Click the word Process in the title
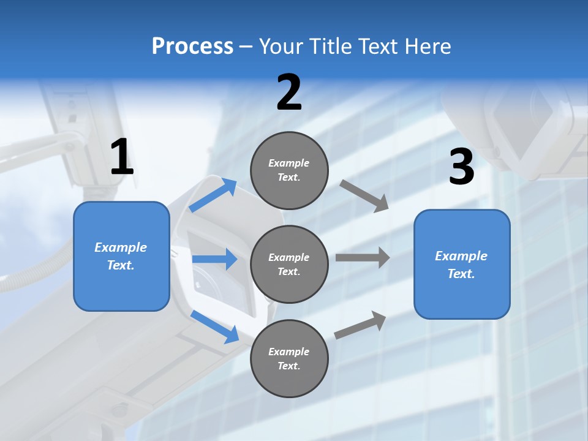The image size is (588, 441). click(x=192, y=47)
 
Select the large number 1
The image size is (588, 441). click(x=122, y=157)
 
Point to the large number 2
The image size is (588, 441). click(x=289, y=92)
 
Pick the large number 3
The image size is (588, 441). click(x=461, y=167)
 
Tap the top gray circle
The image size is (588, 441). click(x=289, y=170)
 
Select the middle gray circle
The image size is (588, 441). click(x=289, y=264)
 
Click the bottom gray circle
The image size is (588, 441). click(x=289, y=358)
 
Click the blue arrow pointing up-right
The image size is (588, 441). click(x=213, y=195)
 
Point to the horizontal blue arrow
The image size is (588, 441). click(x=214, y=259)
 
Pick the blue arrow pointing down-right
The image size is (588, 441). click(x=214, y=326)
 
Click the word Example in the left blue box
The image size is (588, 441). click(x=121, y=247)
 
